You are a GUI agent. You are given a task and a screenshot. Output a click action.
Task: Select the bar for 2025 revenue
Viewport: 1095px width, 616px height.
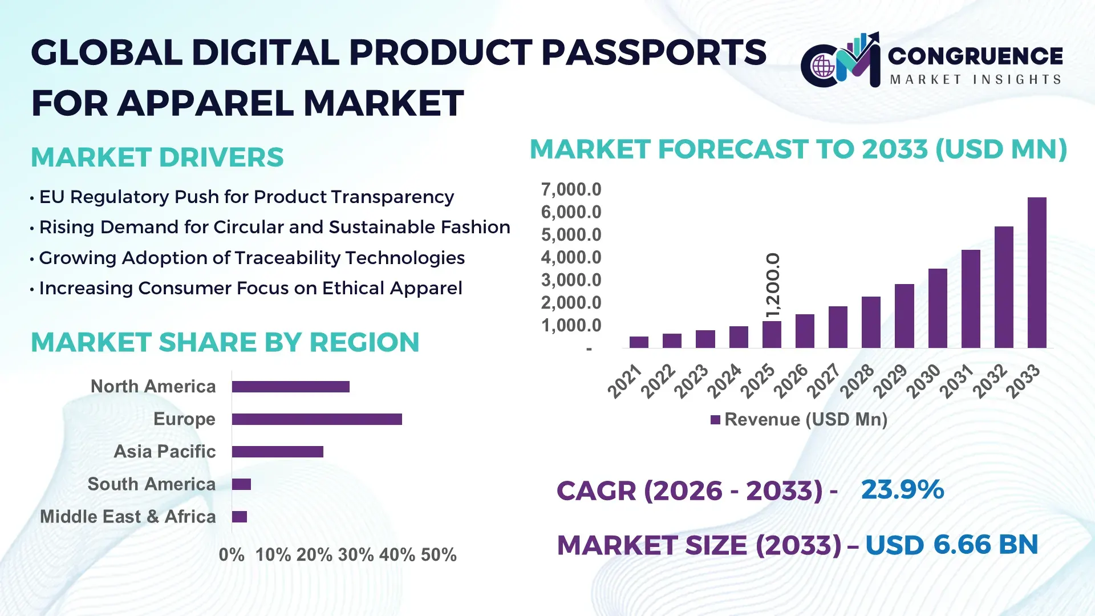tap(772, 334)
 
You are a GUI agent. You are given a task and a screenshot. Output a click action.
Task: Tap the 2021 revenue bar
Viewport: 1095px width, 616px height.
tap(639, 342)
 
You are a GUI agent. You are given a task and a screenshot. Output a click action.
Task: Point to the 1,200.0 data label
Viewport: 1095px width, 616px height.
tap(772, 285)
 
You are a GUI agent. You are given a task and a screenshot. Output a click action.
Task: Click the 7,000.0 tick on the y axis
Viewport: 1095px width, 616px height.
tap(571, 189)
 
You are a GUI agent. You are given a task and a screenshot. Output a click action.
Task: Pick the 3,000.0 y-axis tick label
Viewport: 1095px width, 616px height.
tap(571, 280)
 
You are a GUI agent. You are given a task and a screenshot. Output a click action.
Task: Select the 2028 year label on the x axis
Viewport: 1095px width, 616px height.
tap(857, 381)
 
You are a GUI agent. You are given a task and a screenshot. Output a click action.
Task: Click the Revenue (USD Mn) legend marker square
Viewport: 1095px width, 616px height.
tap(715, 420)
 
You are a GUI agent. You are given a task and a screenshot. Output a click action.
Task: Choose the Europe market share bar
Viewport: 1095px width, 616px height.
tap(317, 419)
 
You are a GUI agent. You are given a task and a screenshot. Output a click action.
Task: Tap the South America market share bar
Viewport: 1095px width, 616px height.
tap(241, 484)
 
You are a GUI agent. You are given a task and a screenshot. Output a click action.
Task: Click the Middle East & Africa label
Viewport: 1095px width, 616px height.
tap(128, 517)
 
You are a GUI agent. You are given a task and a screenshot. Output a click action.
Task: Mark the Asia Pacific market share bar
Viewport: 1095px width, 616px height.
tap(277, 452)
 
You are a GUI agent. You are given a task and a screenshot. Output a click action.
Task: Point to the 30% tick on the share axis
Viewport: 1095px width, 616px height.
tap(356, 555)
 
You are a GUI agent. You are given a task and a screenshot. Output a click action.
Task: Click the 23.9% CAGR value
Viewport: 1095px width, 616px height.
tap(902, 489)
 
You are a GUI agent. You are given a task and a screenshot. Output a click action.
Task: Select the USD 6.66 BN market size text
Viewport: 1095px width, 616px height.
tap(951, 545)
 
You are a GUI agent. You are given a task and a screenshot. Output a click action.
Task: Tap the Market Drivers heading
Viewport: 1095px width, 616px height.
tap(157, 157)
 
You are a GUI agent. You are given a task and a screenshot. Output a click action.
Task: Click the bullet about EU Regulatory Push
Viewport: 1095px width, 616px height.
tap(246, 197)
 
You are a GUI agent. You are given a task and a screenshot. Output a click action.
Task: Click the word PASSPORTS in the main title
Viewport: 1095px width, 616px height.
tap(654, 52)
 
